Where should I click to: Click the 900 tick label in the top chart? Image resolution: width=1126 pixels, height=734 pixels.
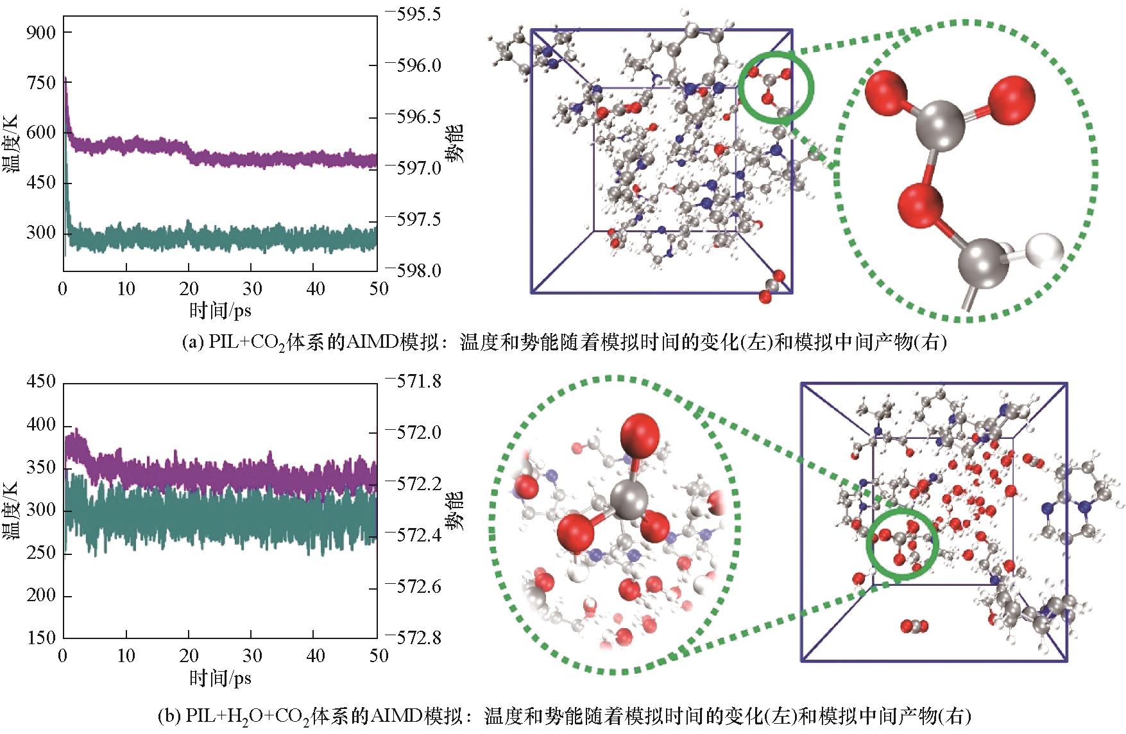click(x=41, y=32)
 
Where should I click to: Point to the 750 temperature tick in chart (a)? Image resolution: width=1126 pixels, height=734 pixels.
click(x=41, y=82)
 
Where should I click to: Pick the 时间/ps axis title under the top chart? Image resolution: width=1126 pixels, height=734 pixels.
click(x=220, y=311)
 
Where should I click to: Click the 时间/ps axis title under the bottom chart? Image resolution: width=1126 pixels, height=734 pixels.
click(x=220, y=678)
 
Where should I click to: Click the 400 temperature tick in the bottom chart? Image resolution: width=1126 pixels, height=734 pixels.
click(x=41, y=425)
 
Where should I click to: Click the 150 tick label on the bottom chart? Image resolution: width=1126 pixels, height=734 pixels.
click(x=41, y=637)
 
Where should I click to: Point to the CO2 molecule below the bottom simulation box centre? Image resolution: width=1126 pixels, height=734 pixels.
click(x=913, y=626)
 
